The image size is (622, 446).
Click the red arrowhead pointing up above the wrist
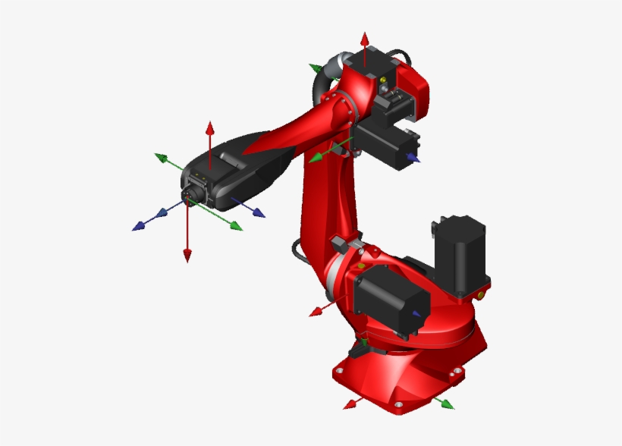[x=211, y=126]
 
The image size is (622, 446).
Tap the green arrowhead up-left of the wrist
[x=160, y=157]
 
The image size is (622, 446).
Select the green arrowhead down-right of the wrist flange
[x=237, y=226]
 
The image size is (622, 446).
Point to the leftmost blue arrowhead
[x=138, y=226]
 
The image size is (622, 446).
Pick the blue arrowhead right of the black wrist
[x=259, y=213]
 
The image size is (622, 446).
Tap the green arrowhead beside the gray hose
[x=315, y=68]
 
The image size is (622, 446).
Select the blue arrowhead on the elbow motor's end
[x=413, y=158]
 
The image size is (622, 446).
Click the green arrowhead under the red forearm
[x=314, y=159]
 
